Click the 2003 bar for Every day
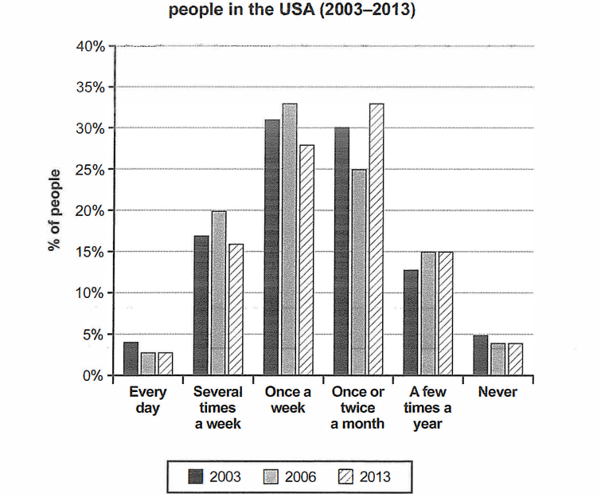tap(131, 359)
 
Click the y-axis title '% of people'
tap(54, 211)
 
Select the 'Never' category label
tap(498, 392)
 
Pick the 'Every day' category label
tap(148, 400)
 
